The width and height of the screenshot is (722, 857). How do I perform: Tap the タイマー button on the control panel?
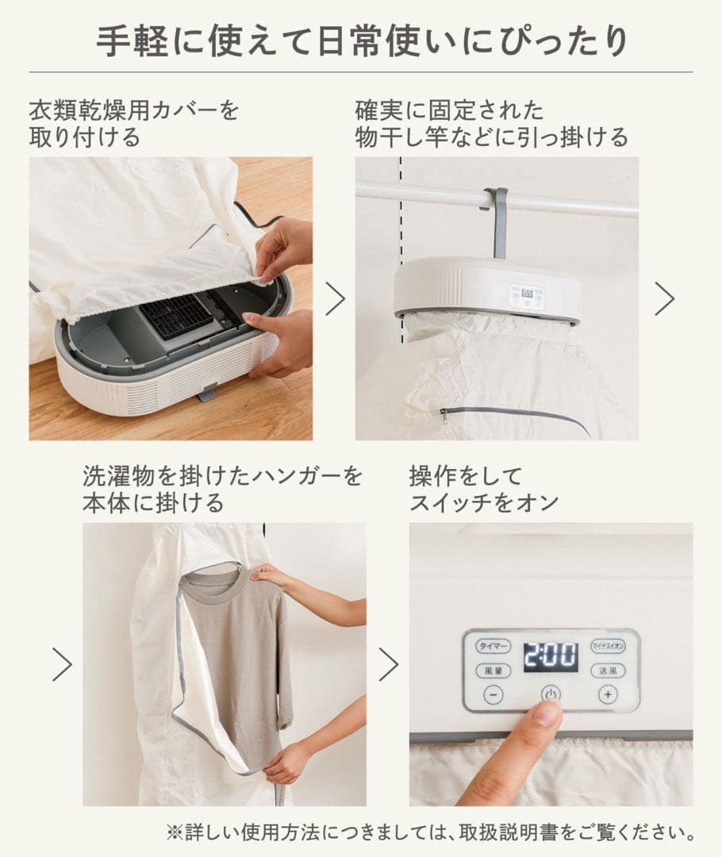[x=494, y=646]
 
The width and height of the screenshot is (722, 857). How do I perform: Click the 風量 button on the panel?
[x=493, y=671]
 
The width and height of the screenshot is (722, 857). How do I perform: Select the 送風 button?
[x=608, y=671]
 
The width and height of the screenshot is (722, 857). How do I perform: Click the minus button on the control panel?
[x=493, y=695]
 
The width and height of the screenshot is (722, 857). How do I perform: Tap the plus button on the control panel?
[x=608, y=695]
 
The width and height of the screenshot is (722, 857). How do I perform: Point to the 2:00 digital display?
[x=551, y=657]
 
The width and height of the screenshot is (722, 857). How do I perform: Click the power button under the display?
[x=551, y=695]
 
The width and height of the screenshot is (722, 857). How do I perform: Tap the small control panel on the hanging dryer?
[x=526, y=297]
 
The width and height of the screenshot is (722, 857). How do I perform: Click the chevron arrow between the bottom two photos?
[x=388, y=664]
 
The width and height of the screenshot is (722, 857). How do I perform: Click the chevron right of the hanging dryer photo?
[x=664, y=298]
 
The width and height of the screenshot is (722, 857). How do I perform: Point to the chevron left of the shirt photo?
[x=62, y=664]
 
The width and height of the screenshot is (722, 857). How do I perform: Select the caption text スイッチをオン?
[x=484, y=502]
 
